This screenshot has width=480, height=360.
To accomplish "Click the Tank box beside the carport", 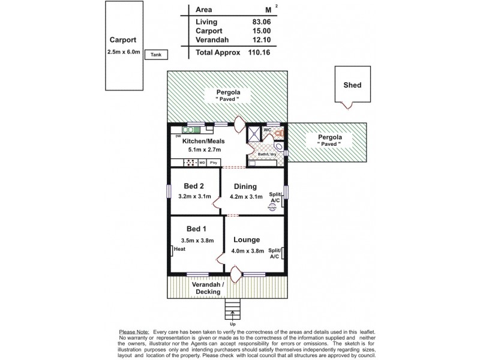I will point(157,55).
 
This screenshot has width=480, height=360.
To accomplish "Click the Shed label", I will point(352,85).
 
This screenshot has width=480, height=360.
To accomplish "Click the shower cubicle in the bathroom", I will point(255,133).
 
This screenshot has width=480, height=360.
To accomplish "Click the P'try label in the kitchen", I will point(213,163).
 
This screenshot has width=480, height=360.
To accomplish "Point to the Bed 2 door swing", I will point(218,202).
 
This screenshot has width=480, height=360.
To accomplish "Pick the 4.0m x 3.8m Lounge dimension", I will point(248,251).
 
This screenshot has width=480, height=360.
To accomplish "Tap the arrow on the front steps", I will point(232,313).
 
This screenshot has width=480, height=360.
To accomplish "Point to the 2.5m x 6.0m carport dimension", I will point(122,52).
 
